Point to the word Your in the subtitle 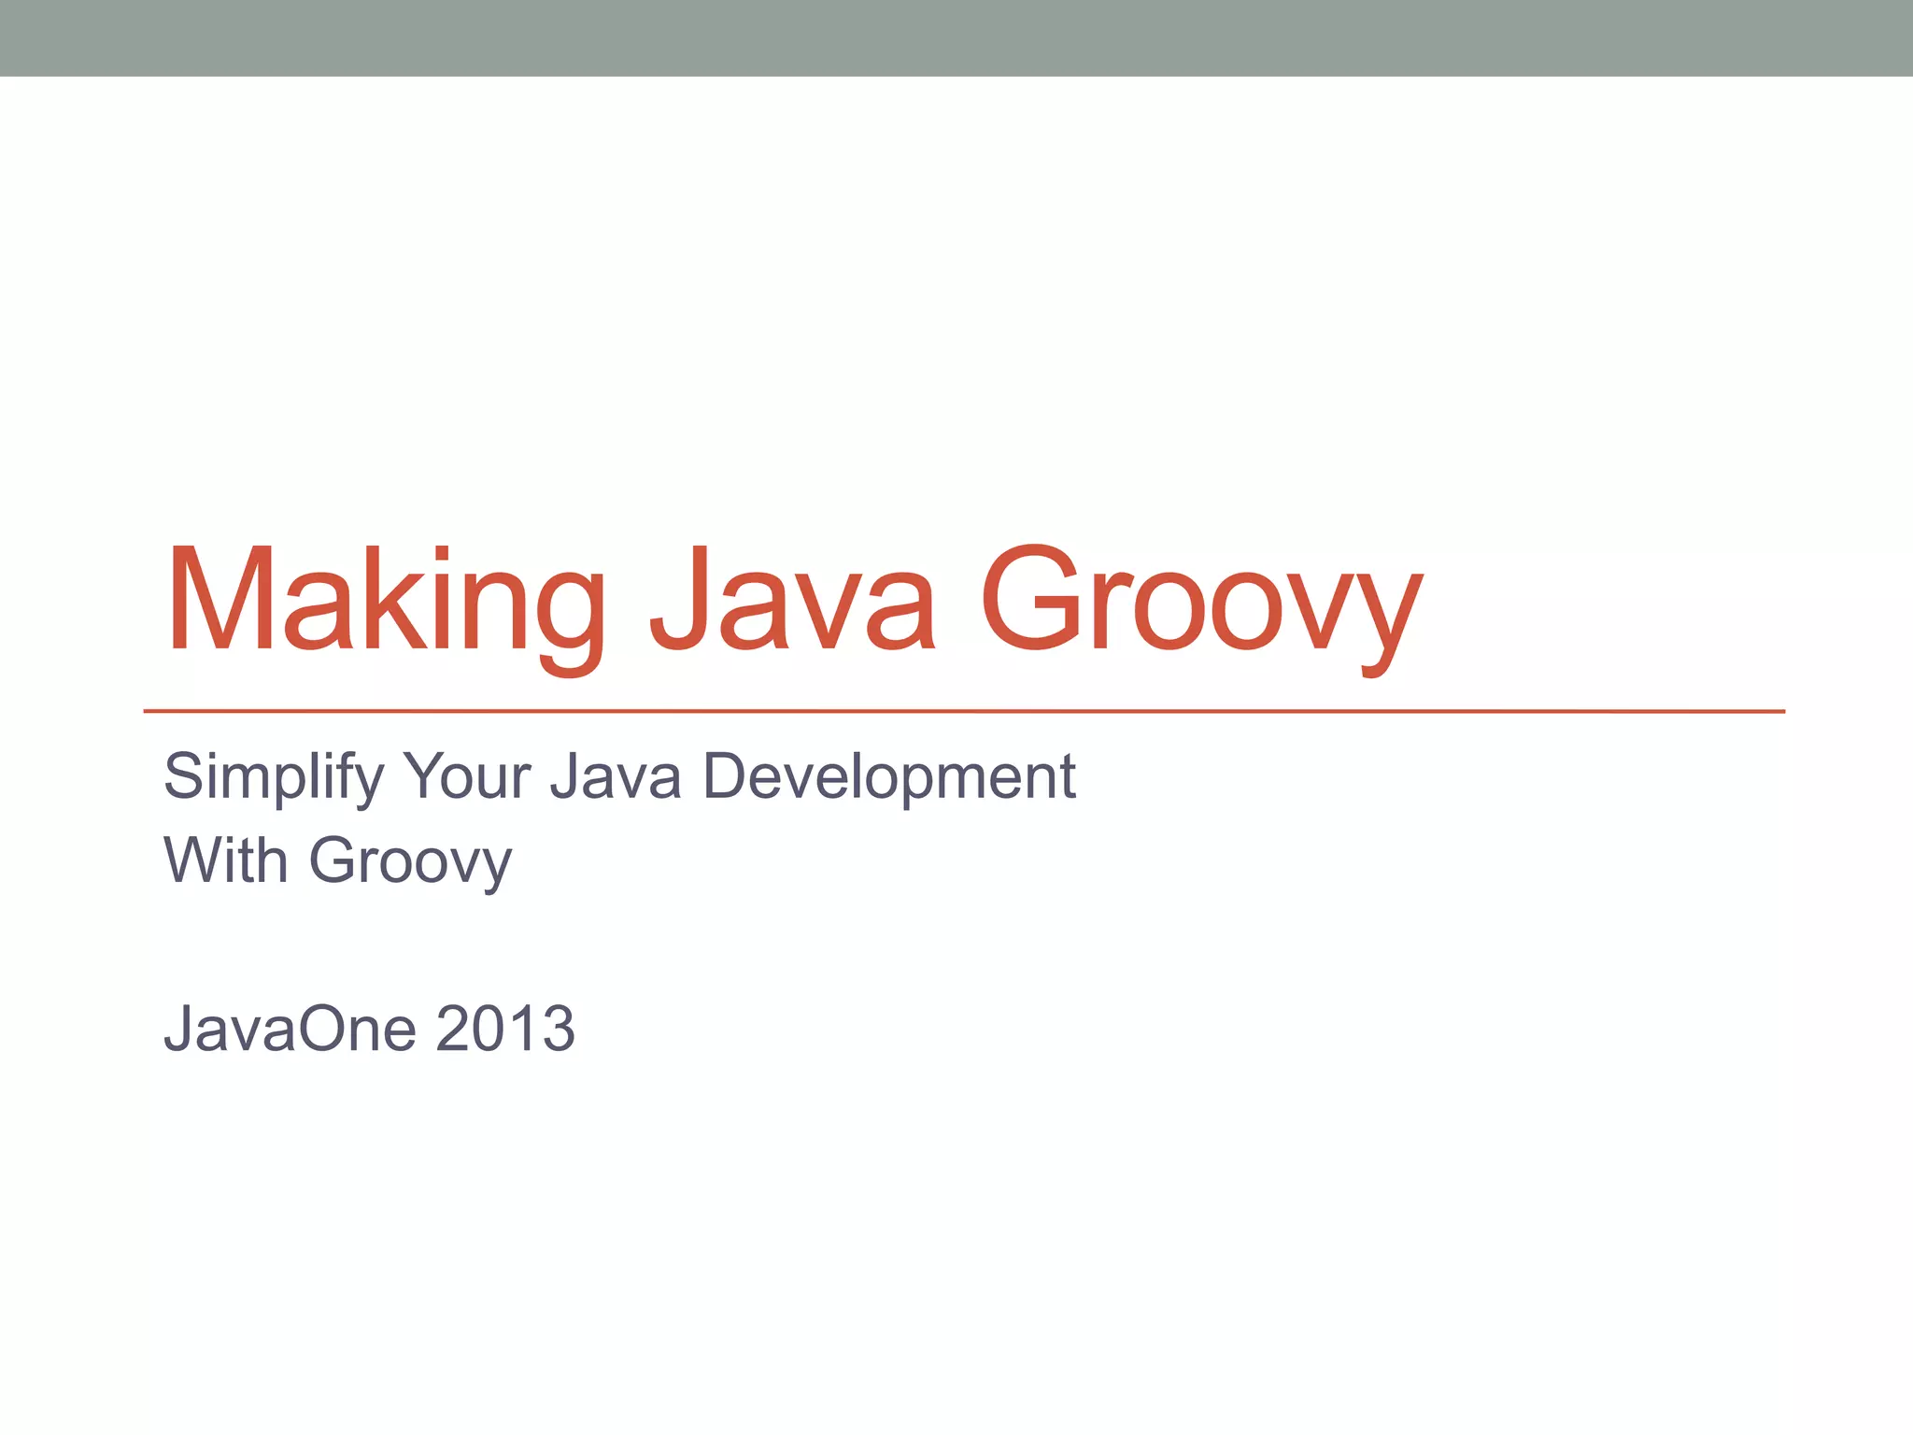pyautogui.click(x=466, y=777)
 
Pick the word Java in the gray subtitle pyautogui.click(x=616, y=777)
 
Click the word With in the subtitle pyautogui.click(x=225, y=860)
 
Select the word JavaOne pyautogui.click(x=290, y=1030)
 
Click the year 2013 pyautogui.click(x=504, y=1030)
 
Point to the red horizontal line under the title pyautogui.click(x=962, y=711)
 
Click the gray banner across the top pyautogui.click(x=956, y=37)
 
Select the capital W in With pyautogui.click(x=194, y=860)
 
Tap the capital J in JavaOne pyautogui.click(x=177, y=1030)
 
